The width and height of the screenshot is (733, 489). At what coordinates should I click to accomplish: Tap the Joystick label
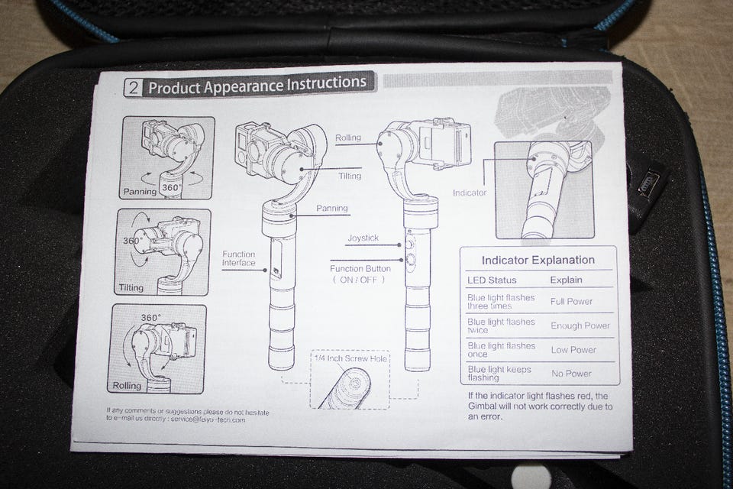[363, 238]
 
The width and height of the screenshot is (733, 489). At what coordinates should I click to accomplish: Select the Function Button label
[360, 269]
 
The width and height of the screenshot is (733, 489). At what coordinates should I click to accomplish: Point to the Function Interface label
[239, 258]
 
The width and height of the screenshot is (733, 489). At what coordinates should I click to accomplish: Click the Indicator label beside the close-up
[469, 193]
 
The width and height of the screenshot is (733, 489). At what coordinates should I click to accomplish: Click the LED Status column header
[492, 280]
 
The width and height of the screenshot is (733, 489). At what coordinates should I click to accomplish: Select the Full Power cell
[571, 301]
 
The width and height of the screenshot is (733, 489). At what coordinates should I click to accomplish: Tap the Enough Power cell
[581, 325]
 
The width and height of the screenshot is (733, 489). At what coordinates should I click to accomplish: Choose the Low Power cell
[573, 350]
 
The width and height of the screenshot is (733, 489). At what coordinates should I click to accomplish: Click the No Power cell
[570, 374]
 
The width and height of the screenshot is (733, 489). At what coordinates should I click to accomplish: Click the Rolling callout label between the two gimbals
[347, 138]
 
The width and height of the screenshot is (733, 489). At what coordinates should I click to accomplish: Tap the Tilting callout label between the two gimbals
[348, 175]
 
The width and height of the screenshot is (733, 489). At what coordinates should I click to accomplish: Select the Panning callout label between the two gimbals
[332, 208]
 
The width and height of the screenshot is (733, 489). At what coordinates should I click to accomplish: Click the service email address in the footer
[208, 419]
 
